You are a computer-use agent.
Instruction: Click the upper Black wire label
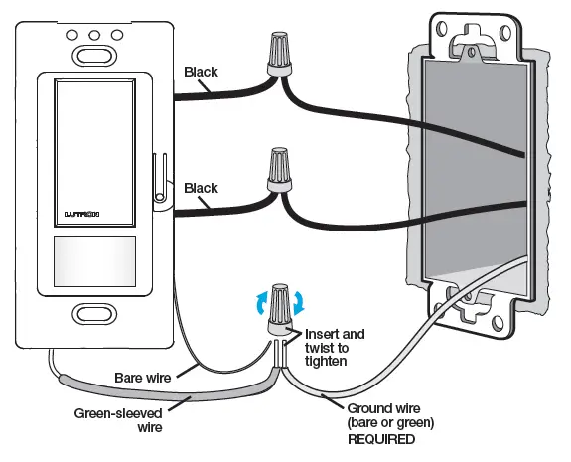point(203,72)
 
